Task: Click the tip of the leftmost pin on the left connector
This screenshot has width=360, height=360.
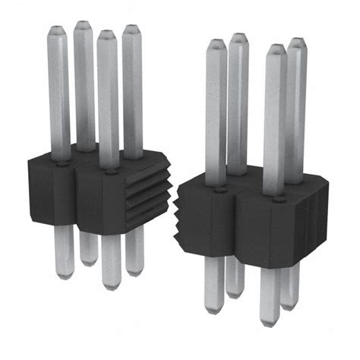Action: [58, 33]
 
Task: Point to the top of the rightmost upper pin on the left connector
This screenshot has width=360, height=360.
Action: [133, 30]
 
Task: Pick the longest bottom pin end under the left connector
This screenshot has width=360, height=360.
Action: [110, 285]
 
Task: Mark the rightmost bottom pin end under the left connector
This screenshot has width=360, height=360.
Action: [134, 270]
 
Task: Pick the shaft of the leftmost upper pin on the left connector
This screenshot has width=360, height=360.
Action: [58, 91]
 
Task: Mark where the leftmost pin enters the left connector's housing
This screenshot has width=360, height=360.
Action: [58, 158]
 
